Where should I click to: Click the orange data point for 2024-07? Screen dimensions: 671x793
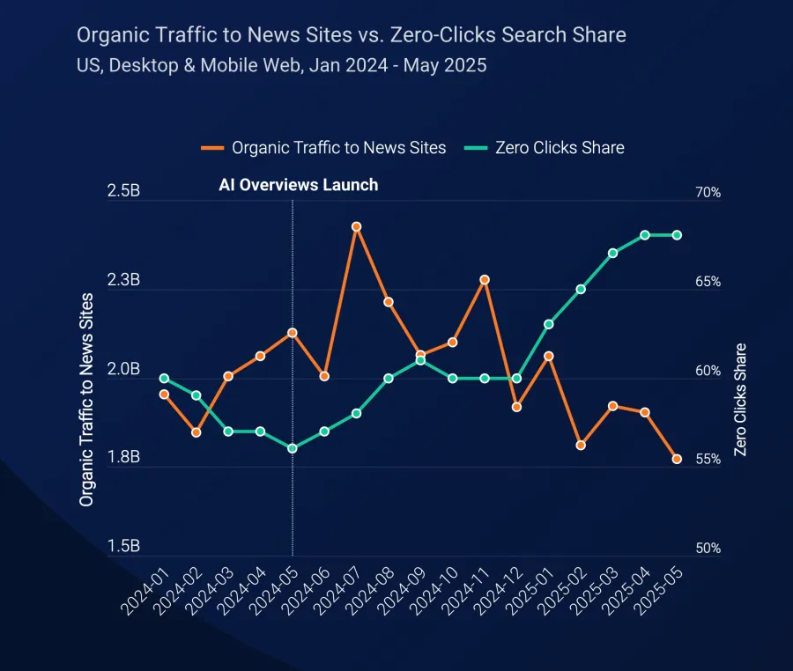(356, 226)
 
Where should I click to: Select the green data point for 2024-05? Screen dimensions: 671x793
(293, 448)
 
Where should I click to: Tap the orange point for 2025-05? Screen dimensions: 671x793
(677, 459)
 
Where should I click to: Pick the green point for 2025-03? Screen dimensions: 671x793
(612, 253)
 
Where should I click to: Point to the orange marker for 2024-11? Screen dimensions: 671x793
(485, 280)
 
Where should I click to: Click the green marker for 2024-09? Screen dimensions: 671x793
(420, 360)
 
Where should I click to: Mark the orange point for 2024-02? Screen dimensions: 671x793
(196, 432)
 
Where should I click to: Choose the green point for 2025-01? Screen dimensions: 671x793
(548, 324)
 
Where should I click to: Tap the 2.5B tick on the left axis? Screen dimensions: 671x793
(122, 192)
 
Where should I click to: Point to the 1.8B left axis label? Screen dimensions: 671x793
(122, 458)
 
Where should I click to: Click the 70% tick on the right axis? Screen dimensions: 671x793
(707, 193)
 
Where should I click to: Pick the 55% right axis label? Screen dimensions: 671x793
(707, 460)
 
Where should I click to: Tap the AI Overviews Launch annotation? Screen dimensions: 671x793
(298, 185)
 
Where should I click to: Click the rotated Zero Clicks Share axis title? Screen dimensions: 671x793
(740, 399)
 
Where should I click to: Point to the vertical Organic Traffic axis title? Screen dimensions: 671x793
(86, 399)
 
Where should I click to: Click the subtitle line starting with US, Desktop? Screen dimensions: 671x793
(281, 65)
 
